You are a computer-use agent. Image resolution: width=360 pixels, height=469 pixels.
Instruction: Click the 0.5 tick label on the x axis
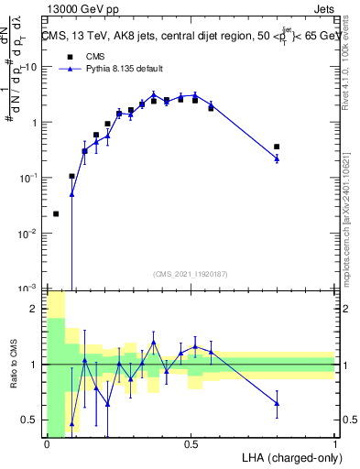191,443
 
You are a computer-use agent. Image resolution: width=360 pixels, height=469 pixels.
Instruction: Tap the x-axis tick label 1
334,443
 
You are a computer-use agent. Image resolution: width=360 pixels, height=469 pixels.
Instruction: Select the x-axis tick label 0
47,443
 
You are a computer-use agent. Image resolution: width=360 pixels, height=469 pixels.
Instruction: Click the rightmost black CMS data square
277,147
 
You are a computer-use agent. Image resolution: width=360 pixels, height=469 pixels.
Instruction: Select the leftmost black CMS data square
56,213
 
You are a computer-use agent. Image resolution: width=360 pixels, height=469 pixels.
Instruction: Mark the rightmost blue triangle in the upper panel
277,159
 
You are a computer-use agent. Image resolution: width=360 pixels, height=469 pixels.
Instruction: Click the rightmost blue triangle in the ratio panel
277,403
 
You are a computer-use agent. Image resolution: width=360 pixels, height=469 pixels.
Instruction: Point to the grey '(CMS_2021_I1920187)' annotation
190,274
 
